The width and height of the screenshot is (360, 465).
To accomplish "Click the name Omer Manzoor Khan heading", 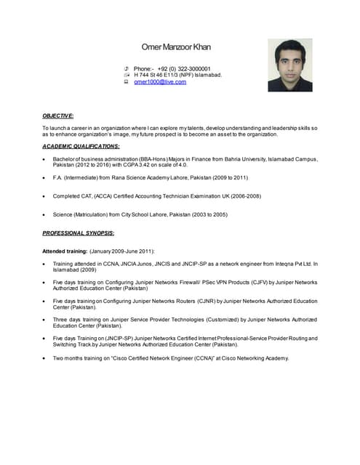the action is (x=176, y=47).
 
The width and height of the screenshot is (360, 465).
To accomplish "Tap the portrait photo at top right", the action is (x=289, y=65).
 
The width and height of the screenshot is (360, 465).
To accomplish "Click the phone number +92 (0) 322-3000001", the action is (x=184, y=68).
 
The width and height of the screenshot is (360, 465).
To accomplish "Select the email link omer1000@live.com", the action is (x=160, y=82).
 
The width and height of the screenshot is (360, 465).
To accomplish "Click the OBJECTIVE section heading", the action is (x=58, y=116).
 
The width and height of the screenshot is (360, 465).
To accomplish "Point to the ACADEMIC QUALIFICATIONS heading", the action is (x=81, y=146).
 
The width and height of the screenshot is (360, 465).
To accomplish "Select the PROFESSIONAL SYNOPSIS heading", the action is (x=78, y=232).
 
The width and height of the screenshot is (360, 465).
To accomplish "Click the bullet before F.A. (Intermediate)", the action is (x=45, y=177).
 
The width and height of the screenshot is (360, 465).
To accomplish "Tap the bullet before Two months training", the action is (x=45, y=357).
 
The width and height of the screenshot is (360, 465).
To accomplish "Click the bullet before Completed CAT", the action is (x=45, y=196).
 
